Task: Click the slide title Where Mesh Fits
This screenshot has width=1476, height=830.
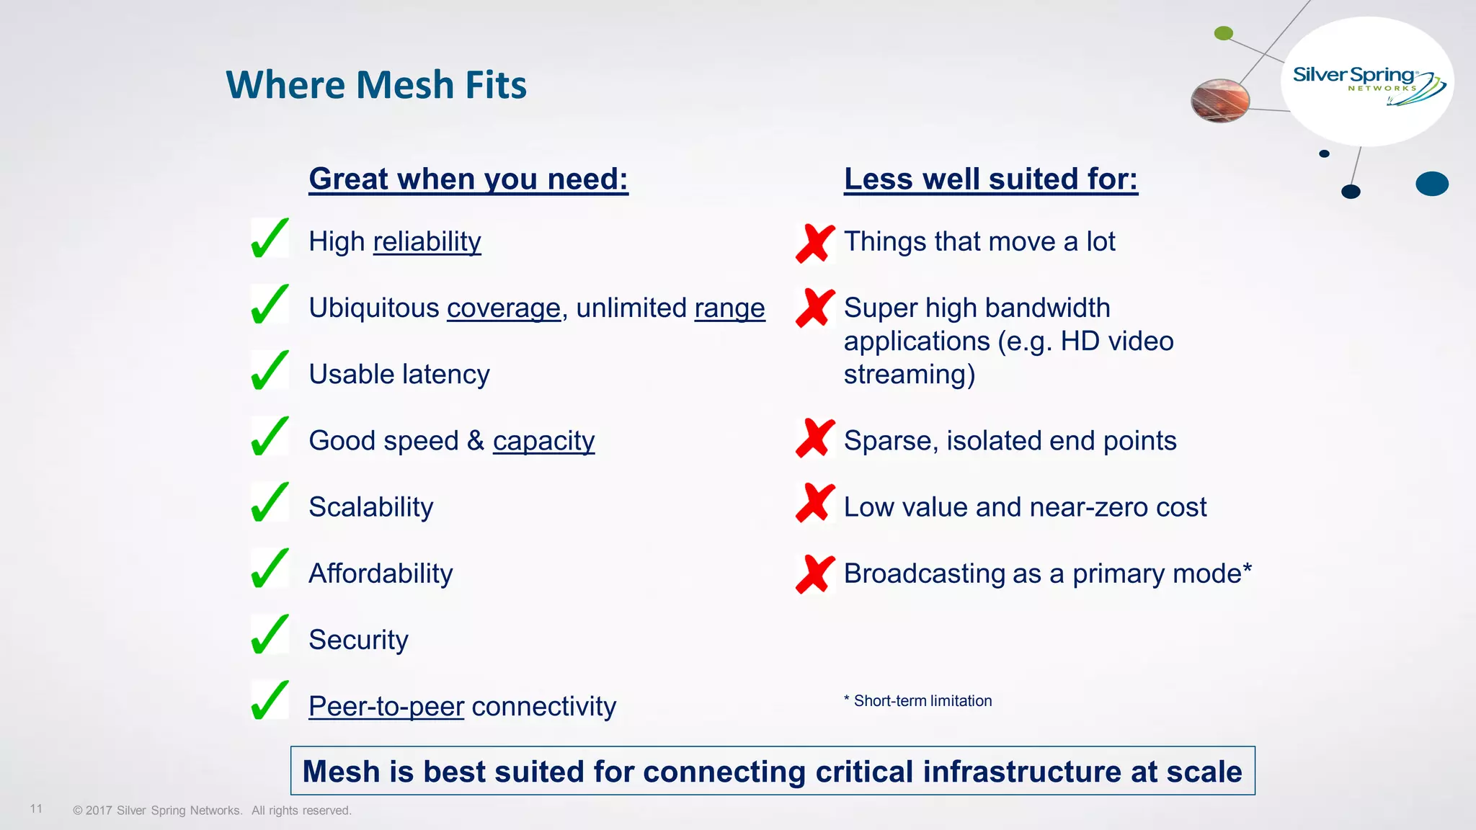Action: coord(376,85)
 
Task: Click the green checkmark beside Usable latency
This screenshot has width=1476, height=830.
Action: coord(270,370)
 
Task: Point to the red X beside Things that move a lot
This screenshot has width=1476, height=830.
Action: coord(815,244)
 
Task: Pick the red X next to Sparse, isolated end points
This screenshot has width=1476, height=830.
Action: coord(815,438)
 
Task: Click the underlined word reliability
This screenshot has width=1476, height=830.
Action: coord(427,241)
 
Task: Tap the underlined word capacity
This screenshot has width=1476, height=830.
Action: coord(543,440)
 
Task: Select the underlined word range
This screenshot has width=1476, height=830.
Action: coord(729,308)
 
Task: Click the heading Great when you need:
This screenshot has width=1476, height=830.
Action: coord(468,179)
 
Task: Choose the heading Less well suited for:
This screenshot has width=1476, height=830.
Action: coord(991,179)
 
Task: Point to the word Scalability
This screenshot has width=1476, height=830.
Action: coord(371,507)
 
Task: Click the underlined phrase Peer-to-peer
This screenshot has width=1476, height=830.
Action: coord(386,706)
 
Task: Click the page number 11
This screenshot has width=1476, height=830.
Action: coord(36,808)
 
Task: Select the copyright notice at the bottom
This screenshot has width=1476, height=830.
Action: coord(212,811)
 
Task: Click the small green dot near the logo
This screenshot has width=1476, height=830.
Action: coord(1224,33)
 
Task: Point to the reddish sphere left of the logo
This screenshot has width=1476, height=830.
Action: coord(1220,100)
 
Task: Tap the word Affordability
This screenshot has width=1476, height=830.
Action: coord(381,574)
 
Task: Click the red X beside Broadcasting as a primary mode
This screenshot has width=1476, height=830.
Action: coord(815,574)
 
